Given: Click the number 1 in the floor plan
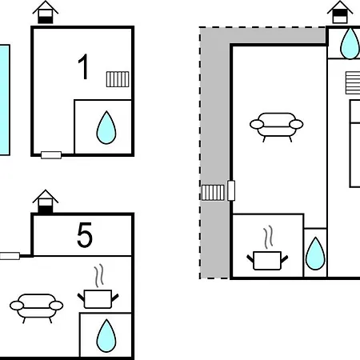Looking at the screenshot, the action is point(83,66).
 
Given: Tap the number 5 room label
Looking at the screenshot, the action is point(85,235).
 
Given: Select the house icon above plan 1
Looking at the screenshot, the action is point(46,12).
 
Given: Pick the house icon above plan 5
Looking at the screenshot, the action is point(46,202).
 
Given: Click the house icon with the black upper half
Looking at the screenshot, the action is point(340,12).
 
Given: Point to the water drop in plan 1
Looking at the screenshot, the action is point(106,128).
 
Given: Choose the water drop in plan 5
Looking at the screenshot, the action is point(106,336).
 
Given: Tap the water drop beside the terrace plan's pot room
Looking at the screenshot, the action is point(315,254).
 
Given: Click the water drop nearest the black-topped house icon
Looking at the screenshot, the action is point(350,43).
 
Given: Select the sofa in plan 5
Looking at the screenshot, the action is point(37,308).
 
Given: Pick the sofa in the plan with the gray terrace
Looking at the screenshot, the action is point(277,127).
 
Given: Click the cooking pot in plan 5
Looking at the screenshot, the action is point(98,298).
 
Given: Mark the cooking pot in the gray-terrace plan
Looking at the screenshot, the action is point(267,261).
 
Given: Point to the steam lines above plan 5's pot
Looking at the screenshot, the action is point(98,276).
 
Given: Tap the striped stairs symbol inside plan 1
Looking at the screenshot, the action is point(118,79).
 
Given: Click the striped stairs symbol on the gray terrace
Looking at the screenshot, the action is point(213,193).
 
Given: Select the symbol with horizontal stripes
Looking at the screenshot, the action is point(353,82).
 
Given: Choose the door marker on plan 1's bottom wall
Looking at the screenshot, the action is point(51,155).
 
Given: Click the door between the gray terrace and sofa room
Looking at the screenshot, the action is point(231,190).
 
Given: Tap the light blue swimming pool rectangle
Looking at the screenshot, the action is point(5,100).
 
